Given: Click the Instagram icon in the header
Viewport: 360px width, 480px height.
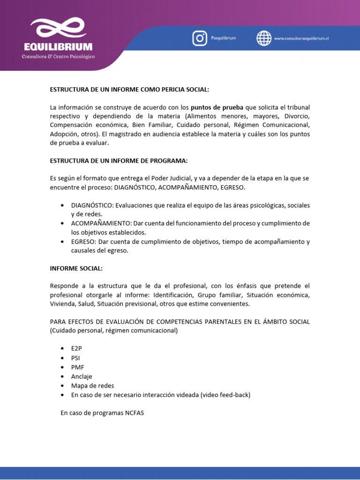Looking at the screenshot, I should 200,38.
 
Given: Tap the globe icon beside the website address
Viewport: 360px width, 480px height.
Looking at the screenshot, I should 264,38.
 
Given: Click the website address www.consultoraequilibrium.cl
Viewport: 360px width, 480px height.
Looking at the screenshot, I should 301,38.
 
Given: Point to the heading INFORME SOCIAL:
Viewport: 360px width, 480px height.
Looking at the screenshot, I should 76,268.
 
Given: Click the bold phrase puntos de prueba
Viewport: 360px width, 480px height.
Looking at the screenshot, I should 217,107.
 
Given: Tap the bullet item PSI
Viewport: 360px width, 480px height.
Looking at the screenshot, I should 75,359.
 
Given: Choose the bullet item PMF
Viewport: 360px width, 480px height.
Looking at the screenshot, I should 77,367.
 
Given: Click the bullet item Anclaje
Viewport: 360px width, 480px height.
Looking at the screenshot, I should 82,376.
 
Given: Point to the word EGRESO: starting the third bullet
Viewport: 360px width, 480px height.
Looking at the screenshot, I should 83,241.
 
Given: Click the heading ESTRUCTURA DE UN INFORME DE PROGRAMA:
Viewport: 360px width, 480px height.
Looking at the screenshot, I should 119,161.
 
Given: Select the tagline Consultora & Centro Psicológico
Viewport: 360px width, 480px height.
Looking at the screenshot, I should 59,57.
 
